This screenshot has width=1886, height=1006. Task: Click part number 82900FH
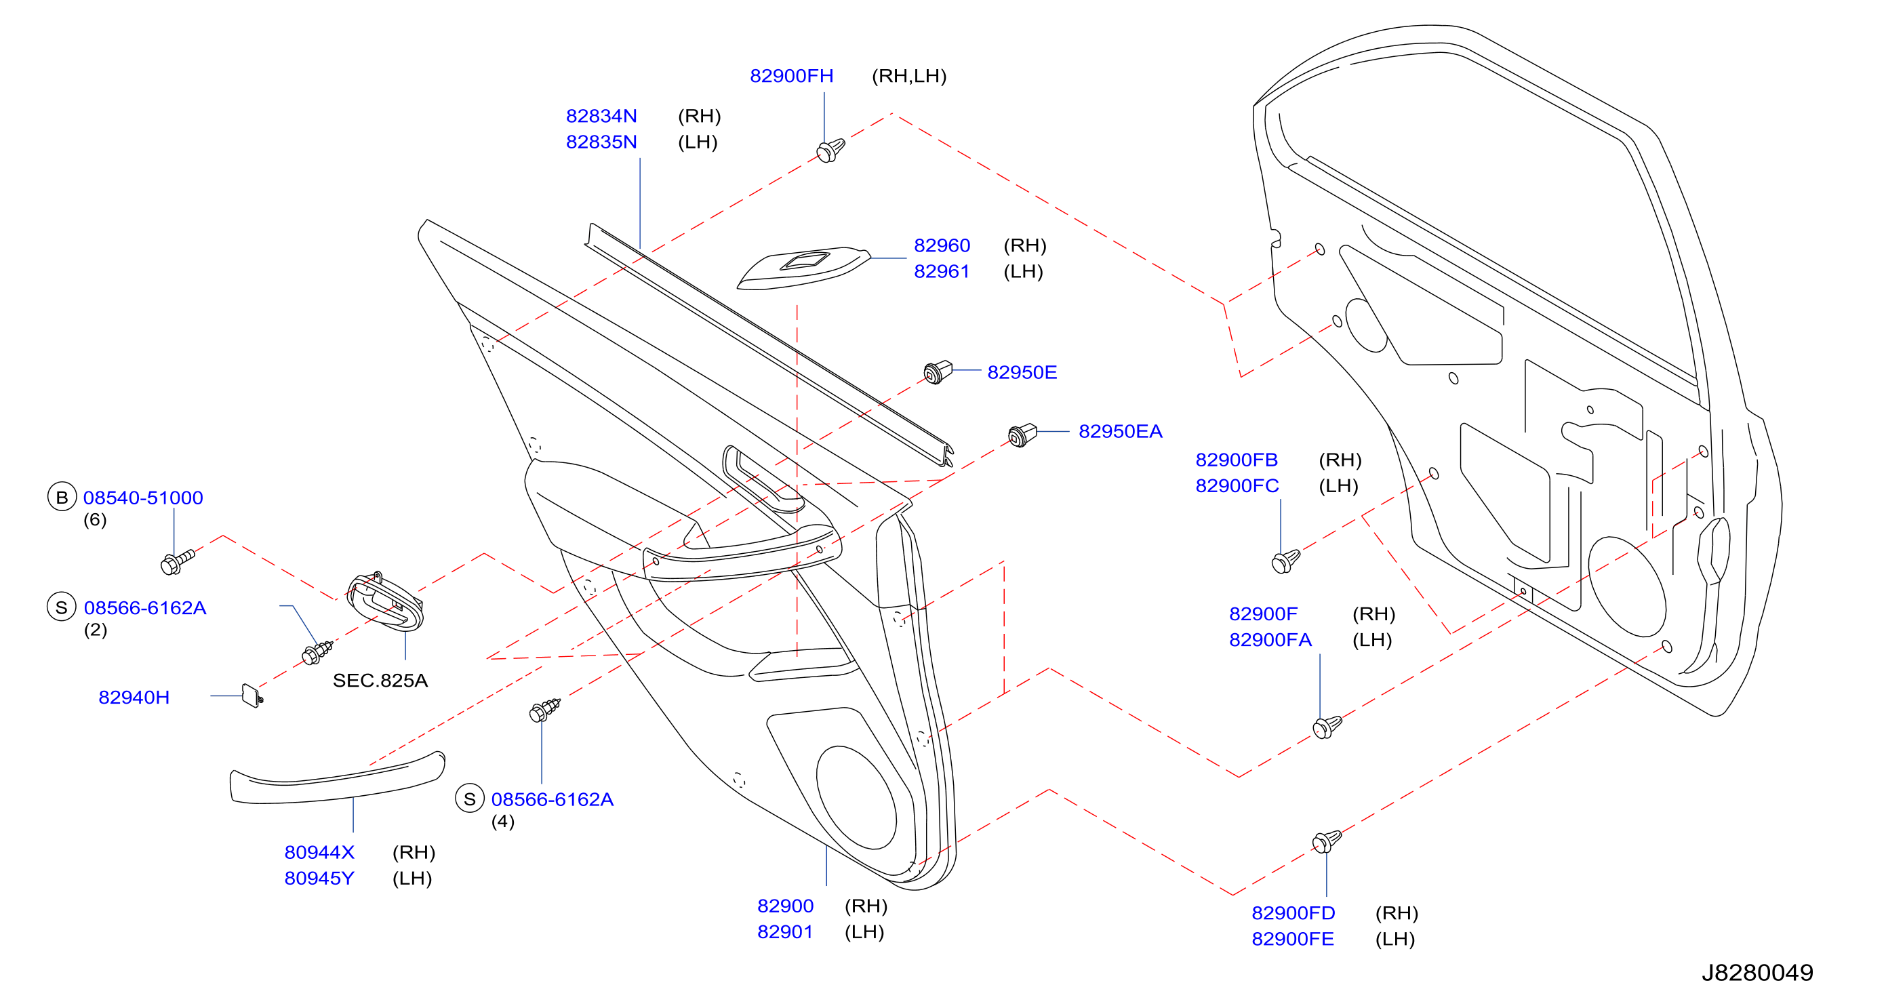point(791,75)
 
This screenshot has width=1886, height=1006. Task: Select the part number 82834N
point(601,116)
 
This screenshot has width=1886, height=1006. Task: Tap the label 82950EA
point(1120,431)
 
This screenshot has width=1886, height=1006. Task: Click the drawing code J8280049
point(1757,972)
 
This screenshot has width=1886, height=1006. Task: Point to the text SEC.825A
point(380,680)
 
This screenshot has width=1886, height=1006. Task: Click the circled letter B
point(62,497)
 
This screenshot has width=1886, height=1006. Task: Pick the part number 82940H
point(134,697)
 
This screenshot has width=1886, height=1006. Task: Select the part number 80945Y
point(319,878)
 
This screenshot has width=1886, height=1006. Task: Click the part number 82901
point(785,931)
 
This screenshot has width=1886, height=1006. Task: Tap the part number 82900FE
point(1293,939)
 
